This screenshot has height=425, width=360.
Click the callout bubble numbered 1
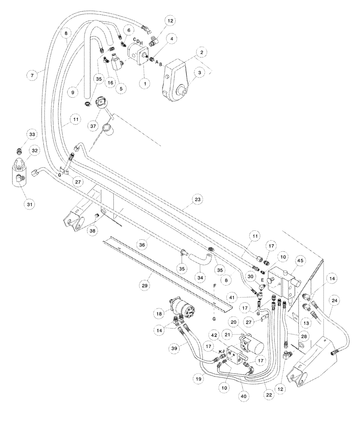pos(145,84)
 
